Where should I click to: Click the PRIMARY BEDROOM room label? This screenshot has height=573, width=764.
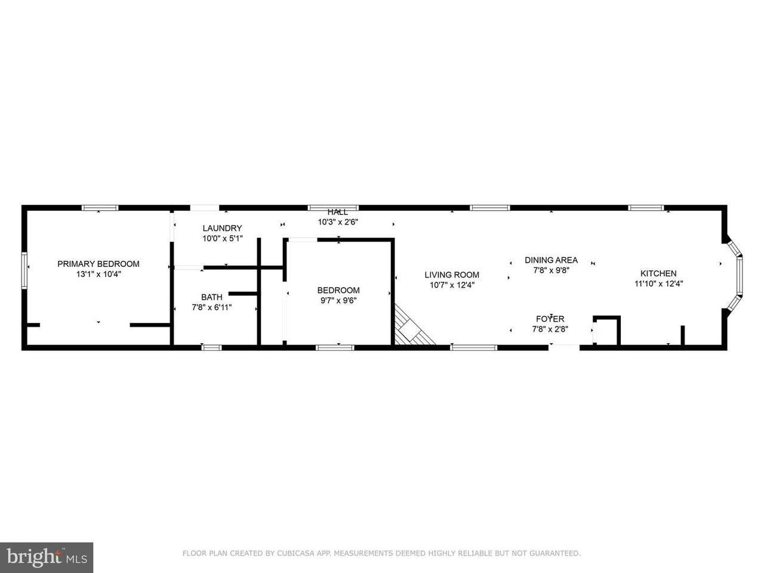pyautogui.click(x=98, y=264)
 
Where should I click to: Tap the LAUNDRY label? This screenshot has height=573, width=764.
pyautogui.click(x=222, y=228)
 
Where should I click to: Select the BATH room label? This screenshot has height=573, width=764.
pyautogui.click(x=212, y=297)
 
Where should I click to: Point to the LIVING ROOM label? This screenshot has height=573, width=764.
pyautogui.click(x=452, y=275)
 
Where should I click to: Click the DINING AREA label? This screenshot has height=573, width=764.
pyautogui.click(x=551, y=260)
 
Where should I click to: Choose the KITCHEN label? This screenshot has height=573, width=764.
pyautogui.click(x=658, y=273)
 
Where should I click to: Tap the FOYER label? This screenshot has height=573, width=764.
pyautogui.click(x=550, y=319)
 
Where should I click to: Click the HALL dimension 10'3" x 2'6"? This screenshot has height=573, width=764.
pyautogui.click(x=338, y=222)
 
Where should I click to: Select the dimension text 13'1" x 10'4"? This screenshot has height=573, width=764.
pyautogui.click(x=98, y=274)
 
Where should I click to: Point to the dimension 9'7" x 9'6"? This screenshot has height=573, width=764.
pyautogui.click(x=338, y=301)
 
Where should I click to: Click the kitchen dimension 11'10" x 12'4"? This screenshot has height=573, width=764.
pyautogui.click(x=658, y=284)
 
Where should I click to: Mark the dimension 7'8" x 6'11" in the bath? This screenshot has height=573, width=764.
pyautogui.click(x=212, y=307)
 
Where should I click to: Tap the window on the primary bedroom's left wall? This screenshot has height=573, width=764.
pyautogui.click(x=24, y=270)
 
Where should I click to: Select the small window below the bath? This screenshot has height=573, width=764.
pyautogui.click(x=211, y=347)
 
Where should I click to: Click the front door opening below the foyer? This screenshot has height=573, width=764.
pyautogui.click(x=564, y=347)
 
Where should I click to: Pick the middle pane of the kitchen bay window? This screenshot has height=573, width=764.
pyautogui.click(x=740, y=276)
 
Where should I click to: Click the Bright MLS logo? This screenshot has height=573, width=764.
pyautogui.click(x=47, y=557)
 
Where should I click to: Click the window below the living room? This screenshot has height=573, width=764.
pyautogui.click(x=474, y=347)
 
